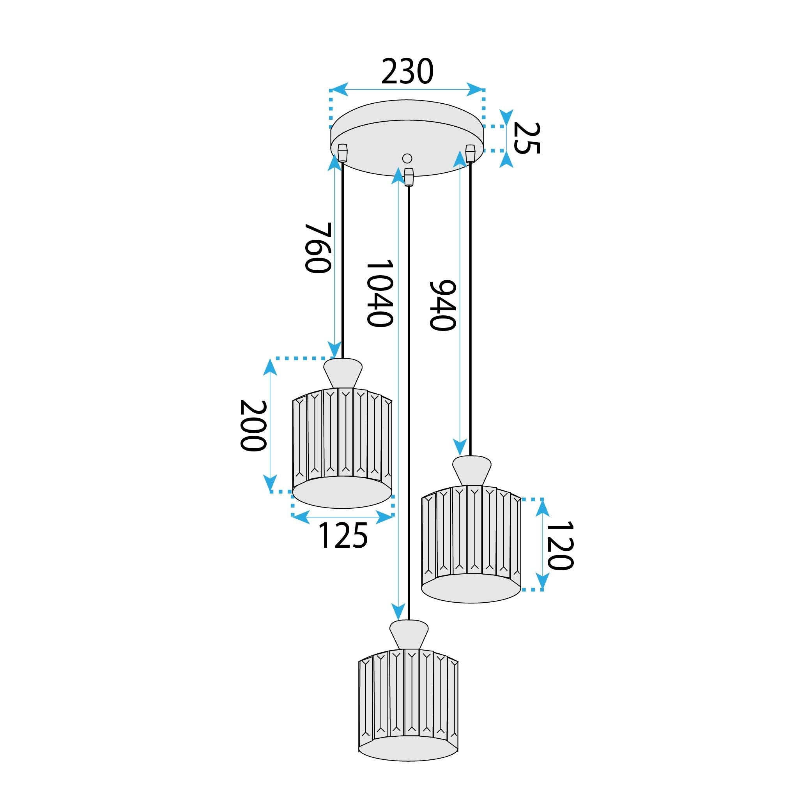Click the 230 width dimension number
(x=407, y=71)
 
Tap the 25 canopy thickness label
(x=526, y=138)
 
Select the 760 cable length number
(x=318, y=248)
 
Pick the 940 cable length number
(x=442, y=305)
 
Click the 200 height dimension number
(x=253, y=425)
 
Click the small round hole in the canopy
(x=407, y=158)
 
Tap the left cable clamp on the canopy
(x=343, y=153)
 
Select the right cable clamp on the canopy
(x=470, y=153)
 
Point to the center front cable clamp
(x=408, y=177)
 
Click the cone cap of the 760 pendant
(x=343, y=372)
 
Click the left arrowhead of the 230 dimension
(x=339, y=90)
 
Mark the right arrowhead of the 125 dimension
(x=385, y=517)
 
